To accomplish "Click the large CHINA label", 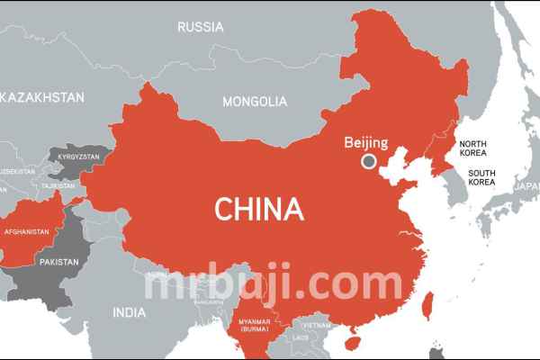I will pos(258,210).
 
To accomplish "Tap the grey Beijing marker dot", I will pos(368,162).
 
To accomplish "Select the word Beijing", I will pos(365,142).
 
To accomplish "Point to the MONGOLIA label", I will pos(255,101).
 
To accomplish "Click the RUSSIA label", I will pos(201,27).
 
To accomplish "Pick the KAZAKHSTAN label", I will pos(43,96).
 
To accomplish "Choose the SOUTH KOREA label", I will pos(481,177).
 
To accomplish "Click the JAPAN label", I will pos(526,186).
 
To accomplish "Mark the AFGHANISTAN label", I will pos(27,231).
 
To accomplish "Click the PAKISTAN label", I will pos(58,262).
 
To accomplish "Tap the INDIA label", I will pos(129,312).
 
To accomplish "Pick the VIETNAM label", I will pos(316,325).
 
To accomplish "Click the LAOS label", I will pos(301,337).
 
